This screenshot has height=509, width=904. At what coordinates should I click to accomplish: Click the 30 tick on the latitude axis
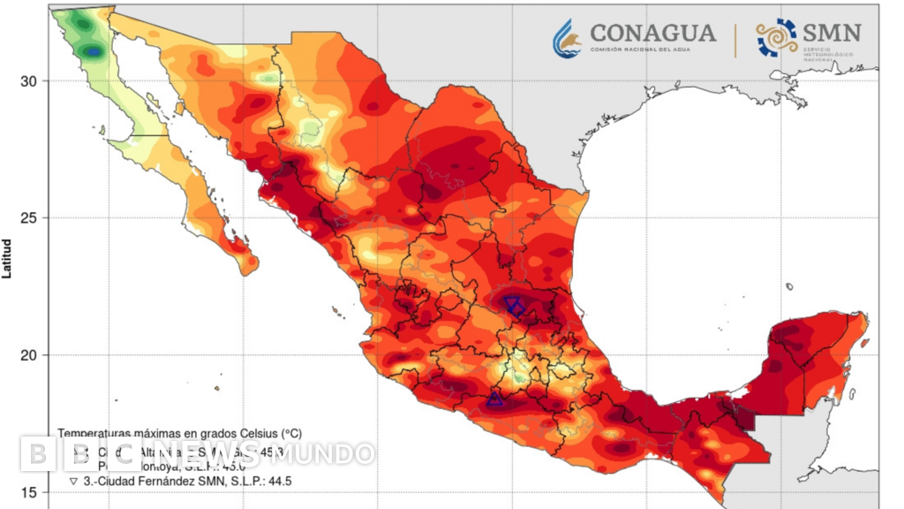pyautogui.click(x=28, y=81)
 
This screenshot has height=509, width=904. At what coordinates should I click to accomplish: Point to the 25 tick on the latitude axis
pyautogui.click(x=28, y=218)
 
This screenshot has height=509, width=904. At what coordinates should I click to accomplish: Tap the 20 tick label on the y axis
pyautogui.click(x=28, y=355)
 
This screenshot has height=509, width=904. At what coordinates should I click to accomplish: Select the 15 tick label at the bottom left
pyautogui.click(x=28, y=492)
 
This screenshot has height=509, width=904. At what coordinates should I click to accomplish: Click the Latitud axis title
pyautogui.click(x=7, y=257)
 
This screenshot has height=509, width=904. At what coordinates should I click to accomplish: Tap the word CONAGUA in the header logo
pyautogui.click(x=652, y=34)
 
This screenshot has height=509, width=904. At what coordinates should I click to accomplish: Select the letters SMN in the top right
pyautogui.click(x=831, y=34)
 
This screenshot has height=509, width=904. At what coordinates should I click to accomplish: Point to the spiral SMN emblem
pyautogui.click(x=776, y=38)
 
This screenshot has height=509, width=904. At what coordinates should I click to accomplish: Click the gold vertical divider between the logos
pyautogui.click(x=735, y=40)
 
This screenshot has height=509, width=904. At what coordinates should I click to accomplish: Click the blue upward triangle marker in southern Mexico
pyautogui.click(x=494, y=400)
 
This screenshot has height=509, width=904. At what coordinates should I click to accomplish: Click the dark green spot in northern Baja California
pyautogui.click(x=93, y=53)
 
